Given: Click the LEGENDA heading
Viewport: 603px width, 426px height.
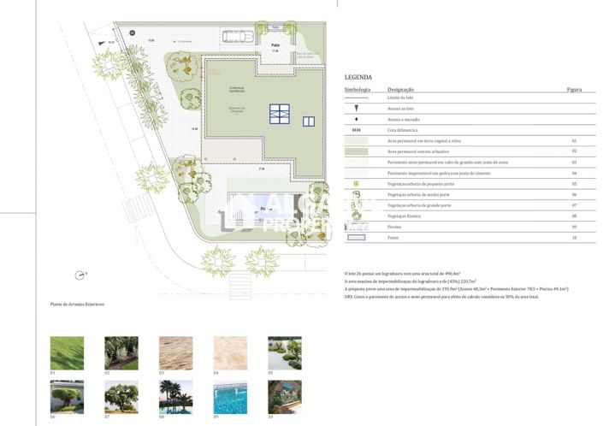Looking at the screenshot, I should (358, 77).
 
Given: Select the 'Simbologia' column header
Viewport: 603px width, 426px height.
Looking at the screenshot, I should (358, 89).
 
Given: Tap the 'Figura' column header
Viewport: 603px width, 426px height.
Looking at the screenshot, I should (574, 89).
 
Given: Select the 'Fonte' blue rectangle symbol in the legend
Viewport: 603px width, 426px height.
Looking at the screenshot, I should (356, 237).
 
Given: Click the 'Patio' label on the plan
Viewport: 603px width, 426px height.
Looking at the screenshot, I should (275, 44).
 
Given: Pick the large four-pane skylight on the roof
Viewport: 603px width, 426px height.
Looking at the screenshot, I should (280, 114).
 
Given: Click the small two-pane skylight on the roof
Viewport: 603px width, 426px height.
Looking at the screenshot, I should (308, 121).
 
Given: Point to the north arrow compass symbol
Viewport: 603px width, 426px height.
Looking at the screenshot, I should (80, 275).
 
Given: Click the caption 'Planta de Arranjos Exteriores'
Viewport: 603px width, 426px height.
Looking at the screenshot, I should (77, 304).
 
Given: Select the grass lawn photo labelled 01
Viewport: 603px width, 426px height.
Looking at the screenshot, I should (67, 352).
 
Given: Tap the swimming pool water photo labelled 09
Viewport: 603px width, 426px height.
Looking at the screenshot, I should (230, 397).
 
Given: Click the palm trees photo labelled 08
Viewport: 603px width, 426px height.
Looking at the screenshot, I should (175, 397).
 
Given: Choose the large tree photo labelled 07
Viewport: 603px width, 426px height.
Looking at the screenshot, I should (121, 397).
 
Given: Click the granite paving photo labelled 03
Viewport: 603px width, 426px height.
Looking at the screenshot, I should (175, 352).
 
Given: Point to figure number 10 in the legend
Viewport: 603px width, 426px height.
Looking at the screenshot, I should (574, 237).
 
